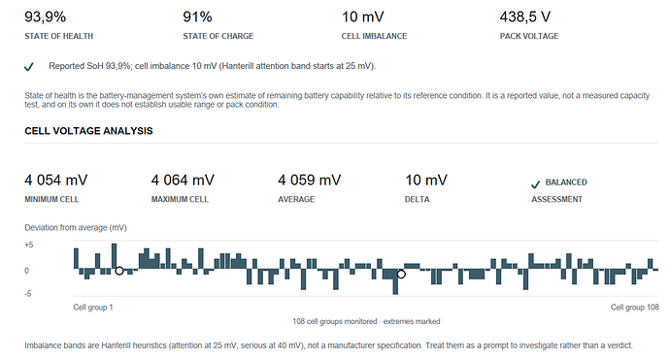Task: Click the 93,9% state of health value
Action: [45, 17]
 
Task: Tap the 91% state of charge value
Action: [197, 17]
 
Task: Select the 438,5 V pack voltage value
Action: [525, 17]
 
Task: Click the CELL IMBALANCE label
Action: [374, 36]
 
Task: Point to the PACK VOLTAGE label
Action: [529, 36]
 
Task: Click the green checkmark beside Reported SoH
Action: [28, 67]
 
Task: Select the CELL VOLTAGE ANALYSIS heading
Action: [88, 131]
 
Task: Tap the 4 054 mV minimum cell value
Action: [56, 180]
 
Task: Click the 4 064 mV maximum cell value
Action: [183, 180]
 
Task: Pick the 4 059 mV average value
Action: [310, 180]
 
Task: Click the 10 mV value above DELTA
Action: [426, 180]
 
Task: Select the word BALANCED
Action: [566, 182]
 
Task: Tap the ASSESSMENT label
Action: [556, 200]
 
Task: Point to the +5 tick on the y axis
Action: [28, 245]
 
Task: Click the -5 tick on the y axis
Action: [28, 294]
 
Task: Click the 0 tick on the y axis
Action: [26, 271]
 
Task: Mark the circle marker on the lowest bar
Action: [401, 275]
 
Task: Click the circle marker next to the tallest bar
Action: [119, 271]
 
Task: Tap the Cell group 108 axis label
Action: [634, 308]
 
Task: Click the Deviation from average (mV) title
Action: [76, 228]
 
